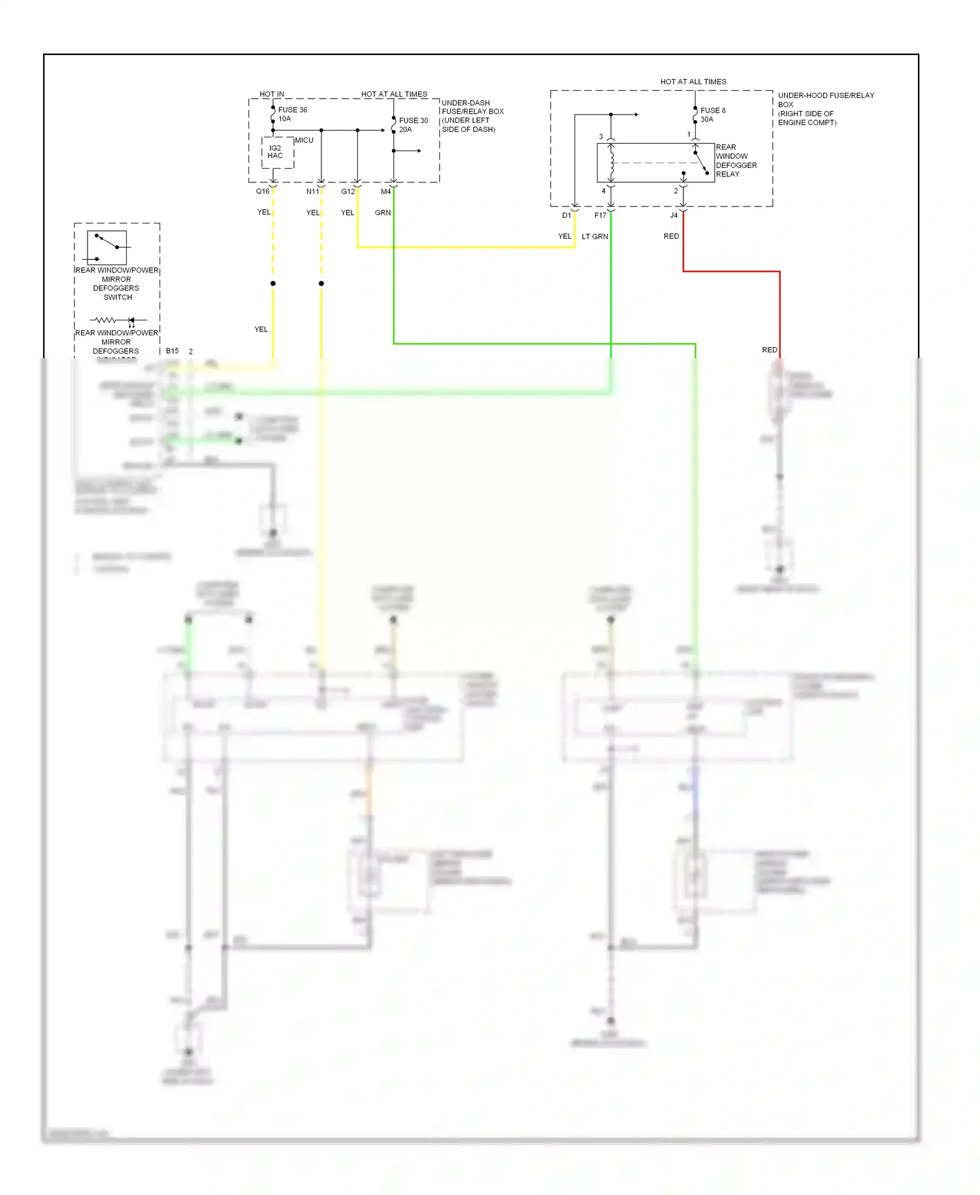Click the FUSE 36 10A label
pos(292,114)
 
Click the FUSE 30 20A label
pos(413,125)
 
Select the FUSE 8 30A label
pos(712,115)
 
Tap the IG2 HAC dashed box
pos(277,152)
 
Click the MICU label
pos(304,141)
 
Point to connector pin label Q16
pos(262,192)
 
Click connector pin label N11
pos(312,192)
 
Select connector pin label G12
pos(348,192)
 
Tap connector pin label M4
pos(385,192)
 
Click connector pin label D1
pos(566,215)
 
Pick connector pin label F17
pos(600,215)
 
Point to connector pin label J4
pos(674,215)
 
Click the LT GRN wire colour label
pos(595,237)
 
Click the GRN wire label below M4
pos(383,213)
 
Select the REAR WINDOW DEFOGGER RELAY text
pos(735,161)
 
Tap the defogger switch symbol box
pos(107,247)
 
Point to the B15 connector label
pos(172,351)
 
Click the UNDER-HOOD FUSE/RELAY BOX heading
pos(825,100)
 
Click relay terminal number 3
pos(601,137)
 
